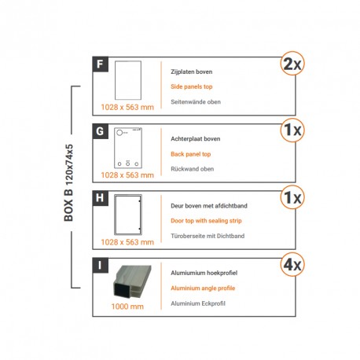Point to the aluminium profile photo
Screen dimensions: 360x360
129,284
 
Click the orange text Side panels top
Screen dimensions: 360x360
192,86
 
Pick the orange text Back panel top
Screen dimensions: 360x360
192,154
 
